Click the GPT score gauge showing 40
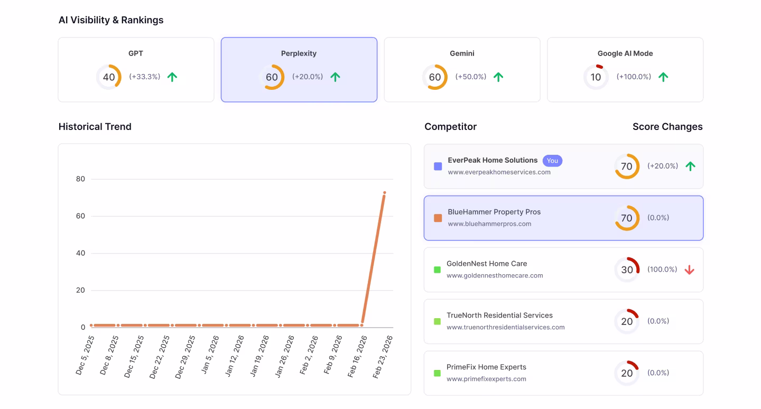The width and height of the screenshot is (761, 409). coord(109,77)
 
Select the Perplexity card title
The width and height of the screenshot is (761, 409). coord(299,53)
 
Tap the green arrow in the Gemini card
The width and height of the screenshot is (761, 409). coord(498,77)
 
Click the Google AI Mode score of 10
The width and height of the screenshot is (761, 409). coord(596,77)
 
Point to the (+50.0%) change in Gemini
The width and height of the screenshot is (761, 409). coord(470,77)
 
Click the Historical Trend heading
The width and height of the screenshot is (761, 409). coord(95,127)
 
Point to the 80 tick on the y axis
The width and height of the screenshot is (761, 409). coord(80,179)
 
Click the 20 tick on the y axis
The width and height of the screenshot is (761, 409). coord(80,290)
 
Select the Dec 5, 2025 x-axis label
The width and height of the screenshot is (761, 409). coord(85,355)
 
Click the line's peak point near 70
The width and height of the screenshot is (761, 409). coord(385,193)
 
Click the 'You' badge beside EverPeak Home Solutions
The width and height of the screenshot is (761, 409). coord(552,161)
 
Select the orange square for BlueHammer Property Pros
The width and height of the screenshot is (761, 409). coord(438,218)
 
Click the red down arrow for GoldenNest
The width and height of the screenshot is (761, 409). coord(689,270)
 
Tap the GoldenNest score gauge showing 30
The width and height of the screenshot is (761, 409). coord(627,270)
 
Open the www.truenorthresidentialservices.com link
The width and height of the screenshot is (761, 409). coord(505,327)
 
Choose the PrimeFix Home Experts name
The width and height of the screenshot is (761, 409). coord(486,367)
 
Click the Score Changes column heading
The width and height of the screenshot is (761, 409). coord(667,127)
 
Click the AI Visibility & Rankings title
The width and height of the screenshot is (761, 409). coord(111,20)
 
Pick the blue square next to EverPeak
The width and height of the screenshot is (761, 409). coord(438,166)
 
